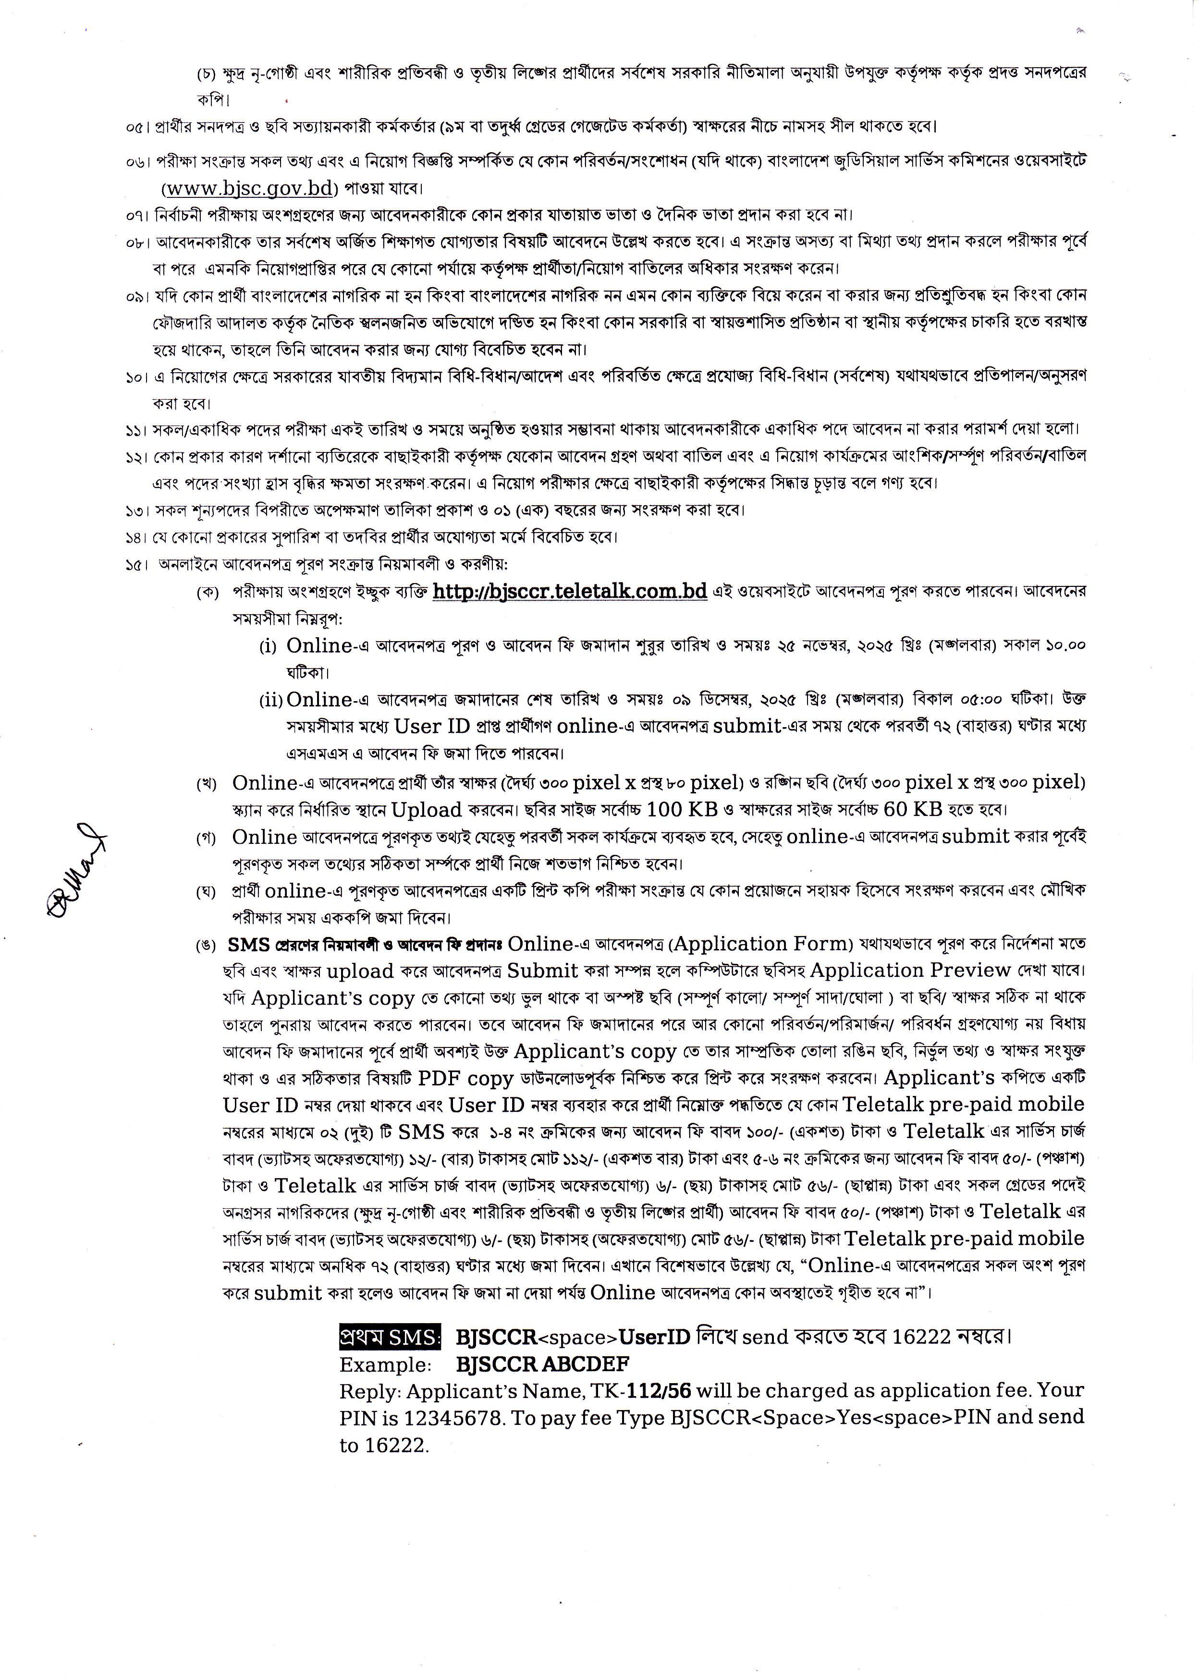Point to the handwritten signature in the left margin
[75, 871]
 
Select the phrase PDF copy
[465, 1078]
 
